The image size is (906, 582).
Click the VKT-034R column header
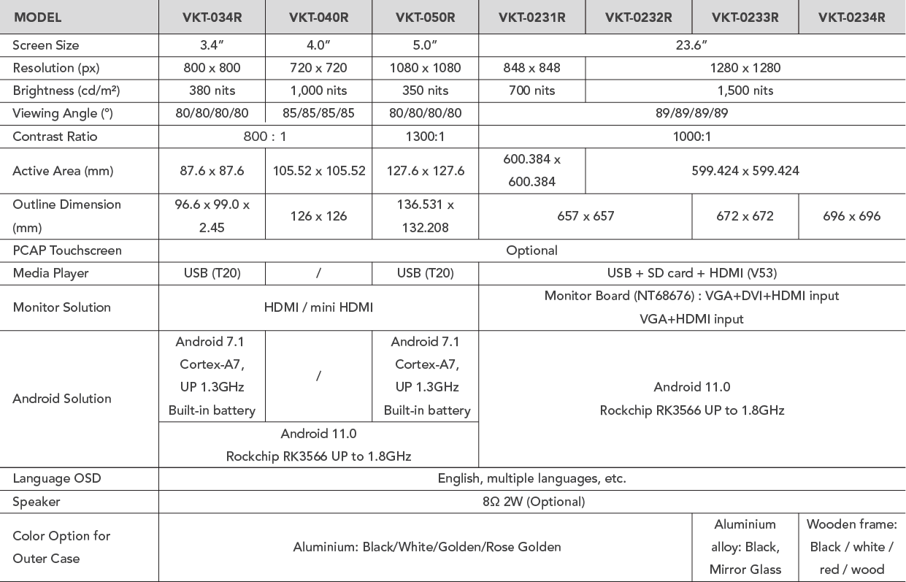(x=212, y=17)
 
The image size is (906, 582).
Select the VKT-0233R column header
(x=745, y=17)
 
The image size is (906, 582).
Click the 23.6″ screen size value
(x=691, y=45)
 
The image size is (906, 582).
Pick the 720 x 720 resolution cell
(x=318, y=68)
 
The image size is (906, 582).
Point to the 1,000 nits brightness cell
(x=318, y=91)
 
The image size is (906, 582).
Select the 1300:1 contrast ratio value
(x=425, y=137)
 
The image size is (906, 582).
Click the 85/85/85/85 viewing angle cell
(x=318, y=113)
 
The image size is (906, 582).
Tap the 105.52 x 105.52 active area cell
(x=318, y=171)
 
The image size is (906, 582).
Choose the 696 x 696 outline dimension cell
(x=851, y=216)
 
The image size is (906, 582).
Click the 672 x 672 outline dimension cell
(x=745, y=216)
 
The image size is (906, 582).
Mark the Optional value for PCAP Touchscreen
(x=531, y=250)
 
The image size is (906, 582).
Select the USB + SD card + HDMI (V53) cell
(x=691, y=273)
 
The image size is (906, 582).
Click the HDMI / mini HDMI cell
(x=318, y=307)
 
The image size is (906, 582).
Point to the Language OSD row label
(x=57, y=479)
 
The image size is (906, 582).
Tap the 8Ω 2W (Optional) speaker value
(x=531, y=502)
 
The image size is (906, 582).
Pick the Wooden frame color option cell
(x=851, y=547)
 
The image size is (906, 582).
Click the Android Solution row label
(x=62, y=399)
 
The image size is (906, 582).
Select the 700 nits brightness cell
(x=531, y=91)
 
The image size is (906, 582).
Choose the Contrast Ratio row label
(x=55, y=137)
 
